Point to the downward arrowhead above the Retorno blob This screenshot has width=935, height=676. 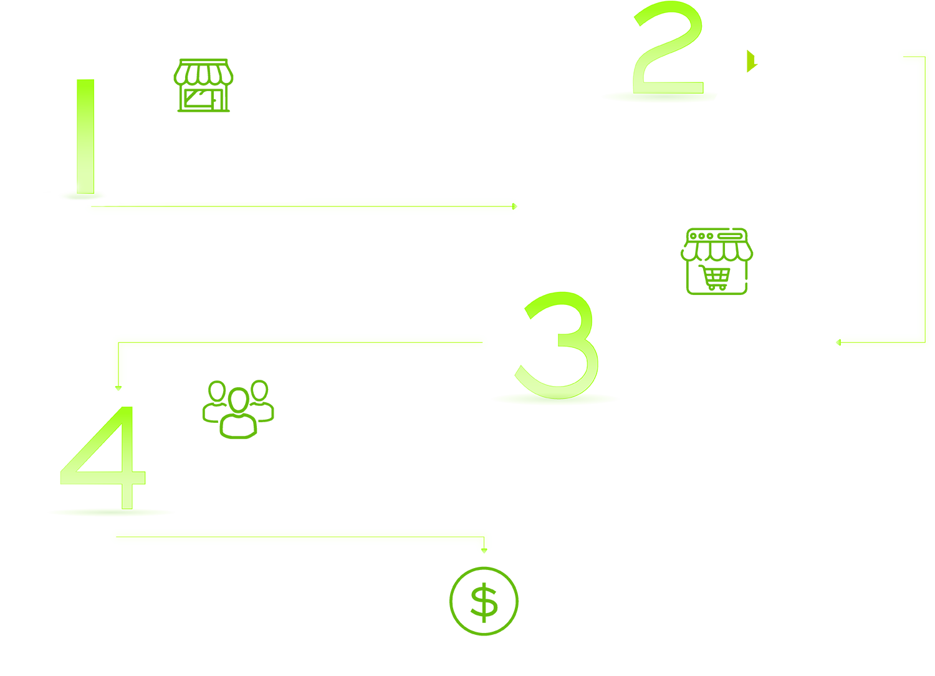pyautogui.click(x=484, y=551)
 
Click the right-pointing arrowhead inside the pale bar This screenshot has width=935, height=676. pyautogui.click(x=515, y=206)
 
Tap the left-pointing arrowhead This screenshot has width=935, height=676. pyautogui.click(x=839, y=342)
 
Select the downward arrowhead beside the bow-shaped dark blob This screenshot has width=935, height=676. pyautogui.click(x=118, y=388)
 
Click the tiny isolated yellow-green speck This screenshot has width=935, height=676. pyautogui.click(x=750, y=65)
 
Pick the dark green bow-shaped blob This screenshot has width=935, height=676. pyautogui.click(x=239, y=402)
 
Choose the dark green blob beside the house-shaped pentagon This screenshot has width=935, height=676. pyautogui.click(x=203, y=69)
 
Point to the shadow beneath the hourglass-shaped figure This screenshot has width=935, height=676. pyautogui.click(x=661, y=97)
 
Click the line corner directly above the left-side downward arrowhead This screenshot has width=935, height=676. pyautogui.click(x=118, y=342)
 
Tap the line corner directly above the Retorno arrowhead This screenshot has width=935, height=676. pyautogui.click(x=484, y=536)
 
